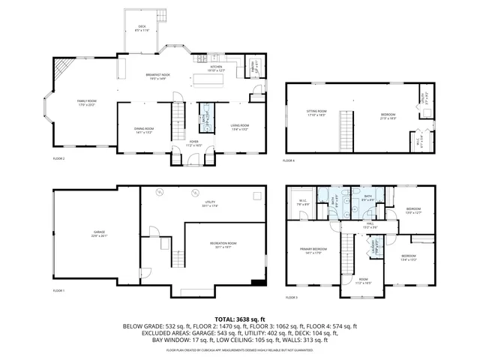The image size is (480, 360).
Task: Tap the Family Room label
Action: point(88,102)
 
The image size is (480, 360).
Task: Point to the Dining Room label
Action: point(144,130)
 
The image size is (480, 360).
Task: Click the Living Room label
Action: point(239,126)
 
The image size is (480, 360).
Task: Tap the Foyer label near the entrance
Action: point(194,142)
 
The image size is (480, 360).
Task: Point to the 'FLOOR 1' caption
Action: point(58,290)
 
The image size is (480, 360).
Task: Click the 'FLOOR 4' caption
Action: point(289,160)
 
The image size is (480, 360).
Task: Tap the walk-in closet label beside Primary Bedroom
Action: point(303,202)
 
